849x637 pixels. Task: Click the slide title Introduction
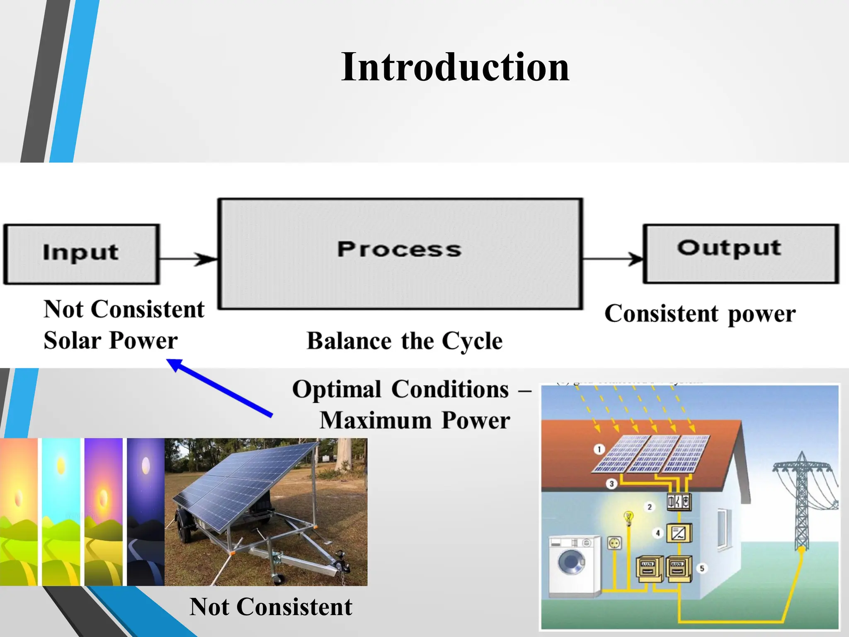click(455, 67)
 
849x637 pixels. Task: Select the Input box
click(81, 254)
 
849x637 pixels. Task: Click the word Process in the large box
click(399, 250)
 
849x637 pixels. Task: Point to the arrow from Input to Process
click(189, 259)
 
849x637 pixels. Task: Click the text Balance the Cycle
click(404, 341)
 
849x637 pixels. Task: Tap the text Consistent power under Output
click(700, 314)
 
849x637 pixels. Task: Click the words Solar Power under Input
click(111, 341)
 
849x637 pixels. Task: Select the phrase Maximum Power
click(415, 421)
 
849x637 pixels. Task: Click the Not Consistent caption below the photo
click(271, 607)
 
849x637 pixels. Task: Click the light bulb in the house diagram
click(629, 517)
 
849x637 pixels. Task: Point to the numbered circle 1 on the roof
click(599, 450)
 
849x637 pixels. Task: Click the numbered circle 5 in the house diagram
click(702, 568)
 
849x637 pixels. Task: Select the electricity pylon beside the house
click(802, 502)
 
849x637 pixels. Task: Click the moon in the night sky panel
click(146, 465)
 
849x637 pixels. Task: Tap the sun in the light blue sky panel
click(61, 466)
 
